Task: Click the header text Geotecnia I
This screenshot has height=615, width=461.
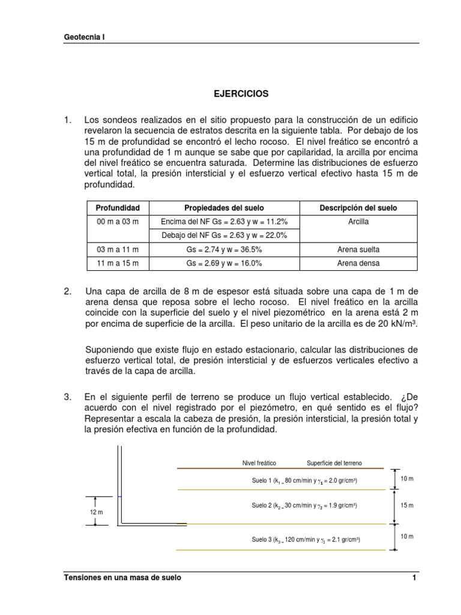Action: pyautogui.click(x=84, y=37)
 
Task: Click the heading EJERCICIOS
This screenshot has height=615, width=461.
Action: pyautogui.click(x=241, y=94)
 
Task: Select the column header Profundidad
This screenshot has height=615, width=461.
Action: pyautogui.click(x=118, y=208)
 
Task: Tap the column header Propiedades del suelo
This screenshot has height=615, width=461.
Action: pyautogui.click(x=224, y=208)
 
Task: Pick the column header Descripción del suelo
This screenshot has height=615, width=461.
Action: pyautogui.click(x=358, y=208)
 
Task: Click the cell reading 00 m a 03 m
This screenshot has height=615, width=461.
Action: pyautogui.click(x=118, y=222)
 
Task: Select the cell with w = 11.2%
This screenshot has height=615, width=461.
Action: pyautogui.click(x=224, y=222)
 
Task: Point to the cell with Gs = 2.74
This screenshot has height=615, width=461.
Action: pyautogui.click(x=224, y=249)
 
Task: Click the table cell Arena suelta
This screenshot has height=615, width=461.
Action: pyautogui.click(x=358, y=249)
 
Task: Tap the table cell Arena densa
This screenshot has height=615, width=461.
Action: pyautogui.click(x=358, y=263)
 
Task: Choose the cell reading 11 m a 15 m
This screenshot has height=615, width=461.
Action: pyautogui.click(x=118, y=263)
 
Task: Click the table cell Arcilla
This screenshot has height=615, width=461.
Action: pyautogui.click(x=358, y=222)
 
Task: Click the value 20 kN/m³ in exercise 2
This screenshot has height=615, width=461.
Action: pyautogui.click(x=396, y=324)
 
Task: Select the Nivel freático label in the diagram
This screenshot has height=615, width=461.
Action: pyautogui.click(x=259, y=463)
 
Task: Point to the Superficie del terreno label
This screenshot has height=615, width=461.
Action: pyautogui.click(x=334, y=463)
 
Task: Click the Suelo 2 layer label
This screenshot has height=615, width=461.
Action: pyautogui.click(x=306, y=506)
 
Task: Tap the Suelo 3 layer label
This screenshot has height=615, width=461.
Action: pyautogui.click(x=306, y=539)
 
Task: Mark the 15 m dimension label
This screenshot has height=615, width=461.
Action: pyautogui.click(x=407, y=506)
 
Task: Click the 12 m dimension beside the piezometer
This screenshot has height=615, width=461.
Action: pyautogui.click(x=96, y=512)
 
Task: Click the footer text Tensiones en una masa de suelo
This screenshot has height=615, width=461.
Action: pyautogui.click(x=122, y=578)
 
